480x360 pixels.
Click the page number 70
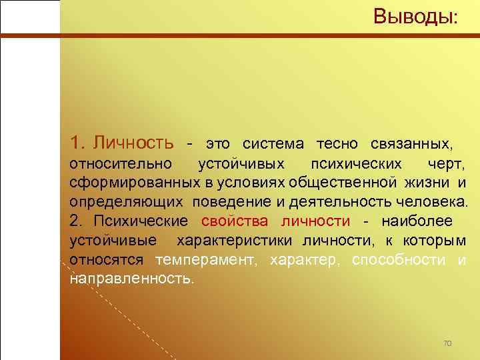(x=447, y=343)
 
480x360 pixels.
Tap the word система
(x=273, y=143)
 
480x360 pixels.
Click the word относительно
(x=121, y=163)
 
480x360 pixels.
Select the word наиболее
(x=419, y=221)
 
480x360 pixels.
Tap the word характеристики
(x=239, y=240)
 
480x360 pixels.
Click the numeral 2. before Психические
(x=75, y=221)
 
